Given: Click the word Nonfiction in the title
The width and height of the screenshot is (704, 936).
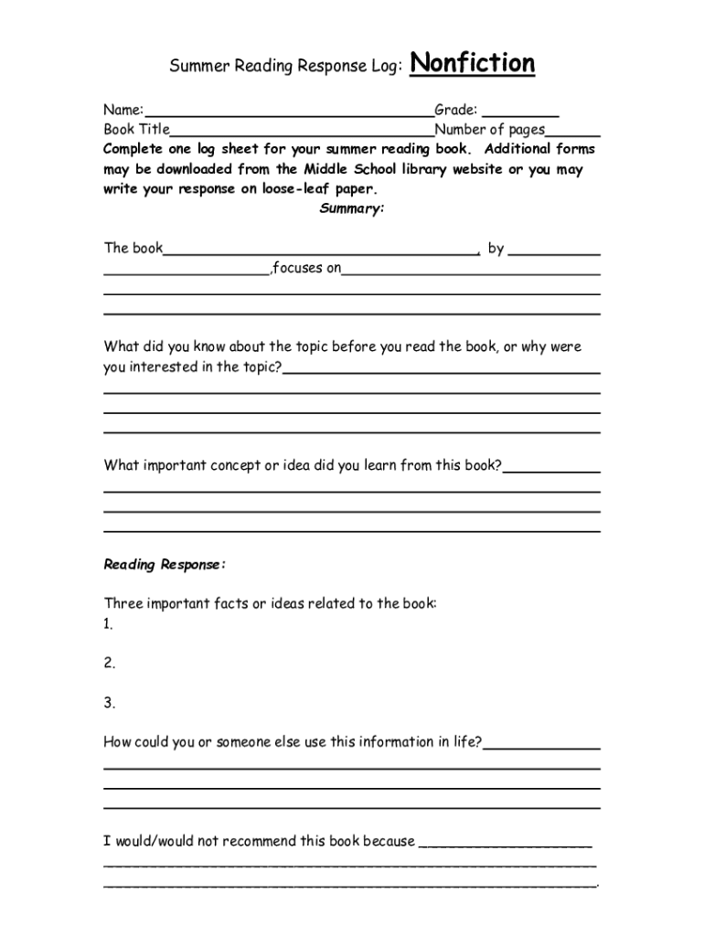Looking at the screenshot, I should coord(473,64).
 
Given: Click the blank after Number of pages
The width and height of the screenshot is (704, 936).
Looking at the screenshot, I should coord(573,131).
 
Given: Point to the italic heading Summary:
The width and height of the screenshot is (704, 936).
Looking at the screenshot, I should coord(352,209).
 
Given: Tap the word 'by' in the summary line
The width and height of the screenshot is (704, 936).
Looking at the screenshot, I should coord(496,249).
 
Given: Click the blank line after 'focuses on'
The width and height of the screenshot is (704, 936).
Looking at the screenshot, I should coord(471,269).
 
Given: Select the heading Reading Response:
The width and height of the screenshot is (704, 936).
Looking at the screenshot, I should coord(165,565).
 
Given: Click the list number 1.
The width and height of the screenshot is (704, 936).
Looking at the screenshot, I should coord(108,624).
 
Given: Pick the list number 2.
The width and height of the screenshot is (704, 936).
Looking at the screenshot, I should coord(109,664).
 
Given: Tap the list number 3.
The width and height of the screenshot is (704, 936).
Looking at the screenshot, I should coord(109,703).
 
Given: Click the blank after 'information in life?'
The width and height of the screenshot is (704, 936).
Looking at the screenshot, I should coord(541,743).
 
